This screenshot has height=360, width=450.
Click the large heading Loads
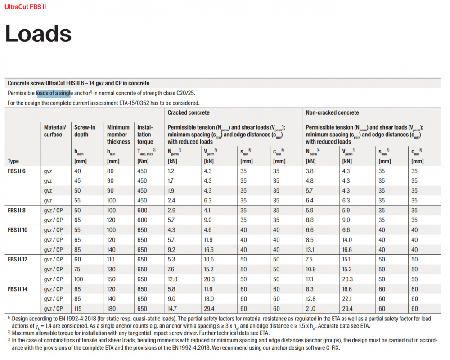(38, 33)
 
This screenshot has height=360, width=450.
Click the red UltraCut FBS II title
(25, 7)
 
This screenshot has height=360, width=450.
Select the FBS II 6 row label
(16, 171)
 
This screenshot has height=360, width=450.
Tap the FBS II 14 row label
(18, 289)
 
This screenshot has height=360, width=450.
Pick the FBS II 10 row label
(18, 230)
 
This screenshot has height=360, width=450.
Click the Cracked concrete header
(189, 112)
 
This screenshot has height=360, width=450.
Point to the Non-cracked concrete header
(333, 112)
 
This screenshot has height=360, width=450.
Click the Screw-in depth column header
(85, 130)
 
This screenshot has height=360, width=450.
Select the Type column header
(13, 161)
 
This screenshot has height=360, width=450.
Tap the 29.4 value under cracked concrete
(209, 309)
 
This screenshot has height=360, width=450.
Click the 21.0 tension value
(310, 309)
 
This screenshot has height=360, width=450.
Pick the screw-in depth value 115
(78, 309)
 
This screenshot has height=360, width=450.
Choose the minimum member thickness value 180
(111, 309)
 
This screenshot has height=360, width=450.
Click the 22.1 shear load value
(346, 299)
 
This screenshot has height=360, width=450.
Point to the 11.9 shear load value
(208, 240)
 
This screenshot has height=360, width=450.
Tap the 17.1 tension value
(310, 279)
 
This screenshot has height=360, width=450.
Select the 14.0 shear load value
(347, 240)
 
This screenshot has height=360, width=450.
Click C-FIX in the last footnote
(333, 348)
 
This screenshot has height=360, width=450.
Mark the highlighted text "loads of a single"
(54, 93)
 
